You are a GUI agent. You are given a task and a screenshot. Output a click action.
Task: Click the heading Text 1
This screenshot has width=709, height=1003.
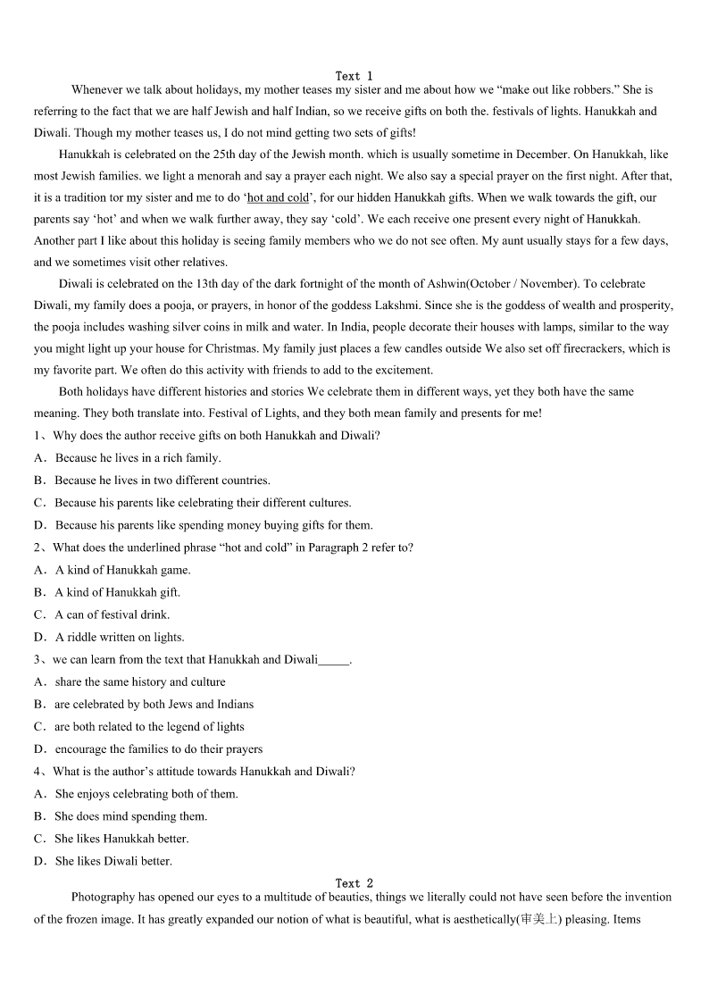354,76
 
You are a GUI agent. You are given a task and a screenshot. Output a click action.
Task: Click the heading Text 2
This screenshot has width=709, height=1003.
354,883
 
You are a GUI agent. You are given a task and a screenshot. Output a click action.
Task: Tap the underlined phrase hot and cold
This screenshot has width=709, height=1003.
277,198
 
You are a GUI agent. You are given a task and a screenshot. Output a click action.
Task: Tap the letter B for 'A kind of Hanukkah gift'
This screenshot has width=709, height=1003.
39,592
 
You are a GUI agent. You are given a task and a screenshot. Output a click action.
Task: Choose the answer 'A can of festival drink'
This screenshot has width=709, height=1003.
112,614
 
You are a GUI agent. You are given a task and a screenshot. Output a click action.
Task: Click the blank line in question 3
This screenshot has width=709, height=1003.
334,660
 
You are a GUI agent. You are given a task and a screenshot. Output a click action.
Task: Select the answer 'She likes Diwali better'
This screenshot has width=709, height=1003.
113,861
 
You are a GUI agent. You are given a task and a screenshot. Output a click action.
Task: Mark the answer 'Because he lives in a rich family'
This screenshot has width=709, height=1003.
138,458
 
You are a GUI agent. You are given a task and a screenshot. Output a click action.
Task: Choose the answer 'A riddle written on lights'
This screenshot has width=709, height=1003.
120,637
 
